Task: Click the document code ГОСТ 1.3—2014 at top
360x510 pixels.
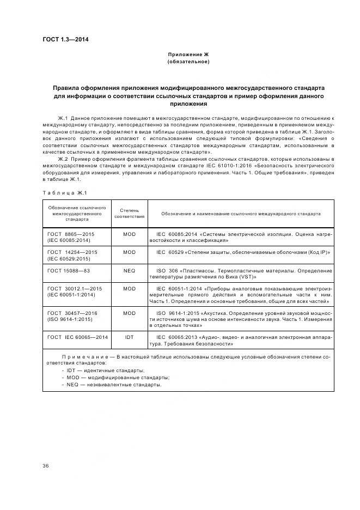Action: [65, 39]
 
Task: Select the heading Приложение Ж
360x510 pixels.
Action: [188, 54]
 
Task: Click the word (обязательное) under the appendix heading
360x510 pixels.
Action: [188, 62]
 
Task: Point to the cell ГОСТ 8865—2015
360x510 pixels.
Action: [71, 234]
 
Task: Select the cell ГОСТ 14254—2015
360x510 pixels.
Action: [72, 252]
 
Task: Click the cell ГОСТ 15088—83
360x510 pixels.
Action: [69, 271]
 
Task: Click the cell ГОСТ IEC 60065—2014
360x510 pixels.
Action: [77, 337]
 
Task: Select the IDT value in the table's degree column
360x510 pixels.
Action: [129, 337]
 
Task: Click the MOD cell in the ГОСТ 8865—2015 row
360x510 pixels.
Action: [129, 234]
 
